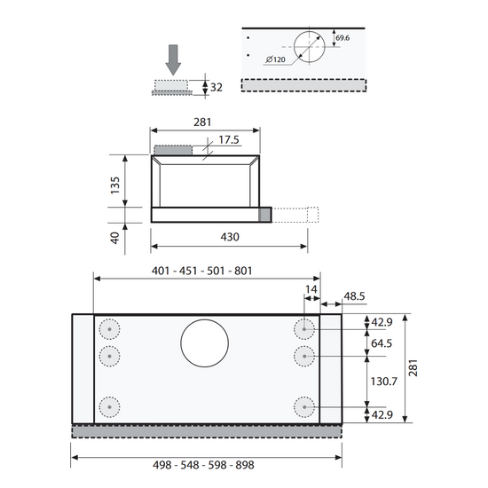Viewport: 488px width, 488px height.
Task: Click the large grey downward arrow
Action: coord(173,59)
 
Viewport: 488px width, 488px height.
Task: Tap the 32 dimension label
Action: coord(216,88)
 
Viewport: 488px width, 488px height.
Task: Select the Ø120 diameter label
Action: coord(276,59)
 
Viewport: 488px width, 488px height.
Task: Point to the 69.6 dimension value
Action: coord(342,38)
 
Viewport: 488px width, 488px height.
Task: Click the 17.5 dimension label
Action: coord(229,139)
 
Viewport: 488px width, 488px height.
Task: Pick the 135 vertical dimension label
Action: coord(114,185)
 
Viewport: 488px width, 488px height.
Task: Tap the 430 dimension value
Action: coord(230,237)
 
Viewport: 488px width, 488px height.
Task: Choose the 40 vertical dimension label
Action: coord(114,238)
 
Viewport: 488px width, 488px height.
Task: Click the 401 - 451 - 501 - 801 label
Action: coord(201,271)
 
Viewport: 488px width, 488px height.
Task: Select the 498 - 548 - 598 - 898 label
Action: coord(203,465)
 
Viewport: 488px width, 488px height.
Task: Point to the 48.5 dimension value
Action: coord(354,296)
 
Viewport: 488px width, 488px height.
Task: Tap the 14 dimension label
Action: coord(311,289)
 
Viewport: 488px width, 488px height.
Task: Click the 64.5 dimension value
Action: coord(382,343)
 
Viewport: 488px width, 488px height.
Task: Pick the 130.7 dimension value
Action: coord(383,382)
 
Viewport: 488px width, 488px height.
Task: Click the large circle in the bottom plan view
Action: coord(204,319)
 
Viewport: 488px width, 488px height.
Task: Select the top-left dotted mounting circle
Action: coord(109,319)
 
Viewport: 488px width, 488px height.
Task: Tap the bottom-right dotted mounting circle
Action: coord(304,397)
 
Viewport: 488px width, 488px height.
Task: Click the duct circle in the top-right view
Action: coord(309,31)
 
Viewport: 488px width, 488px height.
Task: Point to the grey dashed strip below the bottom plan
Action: coord(207,432)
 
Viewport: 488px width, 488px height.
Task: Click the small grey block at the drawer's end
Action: coord(265,215)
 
